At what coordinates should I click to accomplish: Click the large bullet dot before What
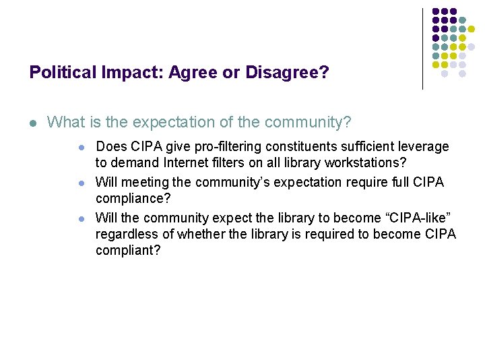33,123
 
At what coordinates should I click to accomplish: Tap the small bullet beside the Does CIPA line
81,147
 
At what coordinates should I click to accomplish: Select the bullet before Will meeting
81,183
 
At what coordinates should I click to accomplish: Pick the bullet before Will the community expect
81,219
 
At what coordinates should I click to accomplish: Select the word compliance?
133,199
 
